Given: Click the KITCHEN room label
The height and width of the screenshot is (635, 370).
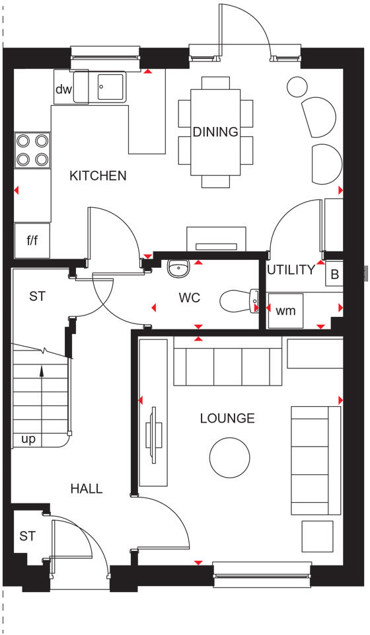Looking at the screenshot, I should [x=98, y=176].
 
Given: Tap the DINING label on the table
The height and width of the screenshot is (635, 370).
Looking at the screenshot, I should [x=215, y=132].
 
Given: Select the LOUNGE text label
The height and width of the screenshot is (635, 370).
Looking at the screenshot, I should [x=228, y=418].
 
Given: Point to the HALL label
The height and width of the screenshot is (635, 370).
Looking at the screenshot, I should [x=87, y=489].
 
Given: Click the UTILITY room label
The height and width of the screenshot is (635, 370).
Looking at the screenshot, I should [x=291, y=270].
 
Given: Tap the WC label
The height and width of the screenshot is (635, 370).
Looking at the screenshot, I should [x=189, y=298].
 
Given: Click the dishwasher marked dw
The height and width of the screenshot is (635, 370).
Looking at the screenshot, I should [x=63, y=89].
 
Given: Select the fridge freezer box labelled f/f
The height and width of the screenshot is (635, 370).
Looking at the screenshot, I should [x=32, y=240].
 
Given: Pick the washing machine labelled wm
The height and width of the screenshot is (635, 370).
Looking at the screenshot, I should [x=285, y=310].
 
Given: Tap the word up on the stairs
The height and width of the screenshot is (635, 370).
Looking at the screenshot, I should [x=29, y=439].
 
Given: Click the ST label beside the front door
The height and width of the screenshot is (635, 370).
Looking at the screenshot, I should [x=26, y=536].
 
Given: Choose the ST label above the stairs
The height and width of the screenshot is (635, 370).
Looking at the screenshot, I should [x=37, y=296].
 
